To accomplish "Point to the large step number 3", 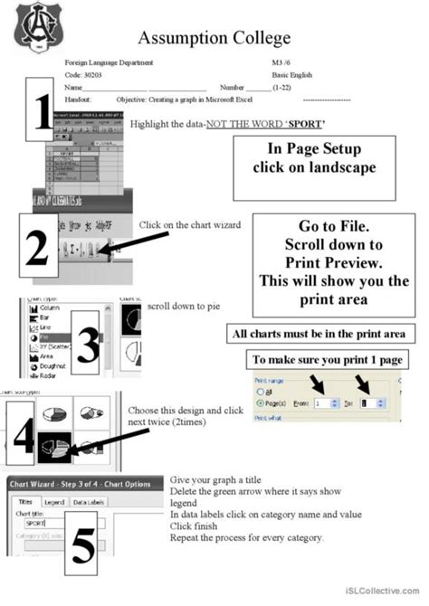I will pos(88,343).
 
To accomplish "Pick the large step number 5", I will pos(82,546).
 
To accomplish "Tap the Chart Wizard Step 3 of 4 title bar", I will pos(85,484).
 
